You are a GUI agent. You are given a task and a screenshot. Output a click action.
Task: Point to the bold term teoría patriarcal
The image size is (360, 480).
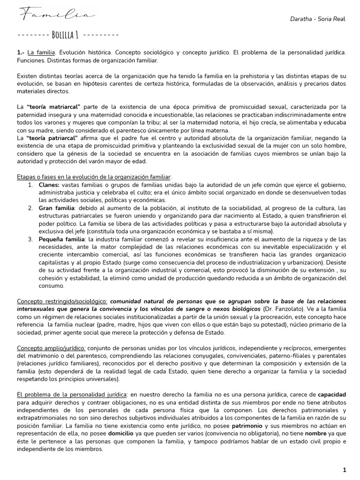pyautogui.click(x=57, y=138)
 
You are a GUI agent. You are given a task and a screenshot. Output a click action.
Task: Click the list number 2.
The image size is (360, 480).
pyautogui.click(x=30, y=208)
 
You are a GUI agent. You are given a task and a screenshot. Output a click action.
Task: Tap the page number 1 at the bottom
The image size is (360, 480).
pyautogui.click(x=344, y=470)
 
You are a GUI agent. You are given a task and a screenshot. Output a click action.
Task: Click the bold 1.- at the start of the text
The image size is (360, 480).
pyautogui.click(x=21, y=52)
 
